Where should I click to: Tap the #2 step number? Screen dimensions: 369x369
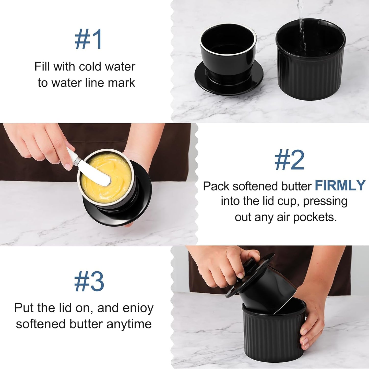(289, 160)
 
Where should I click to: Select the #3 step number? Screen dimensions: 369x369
(89, 282)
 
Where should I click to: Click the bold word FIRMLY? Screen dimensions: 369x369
(340, 186)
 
